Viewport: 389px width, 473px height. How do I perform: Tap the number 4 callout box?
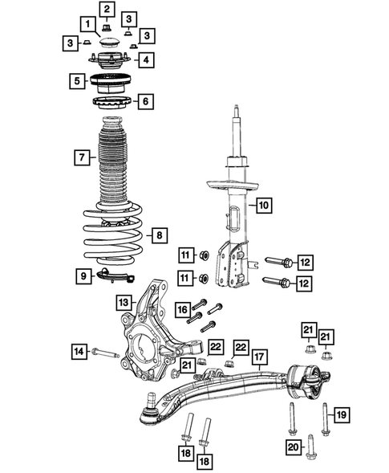click(x=145, y=59)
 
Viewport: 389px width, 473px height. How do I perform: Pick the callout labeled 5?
click(x=77, y=80)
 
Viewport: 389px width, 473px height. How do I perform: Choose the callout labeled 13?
click(x=123, y=303)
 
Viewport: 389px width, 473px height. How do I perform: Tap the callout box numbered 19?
click(x=340, y=414)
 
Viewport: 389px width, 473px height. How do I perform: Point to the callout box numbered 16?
click(x=182, y=309)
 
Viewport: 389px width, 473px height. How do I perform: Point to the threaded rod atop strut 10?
click(x=236, y=133)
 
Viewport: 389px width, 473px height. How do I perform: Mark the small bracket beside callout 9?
click(x=112, y=277)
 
